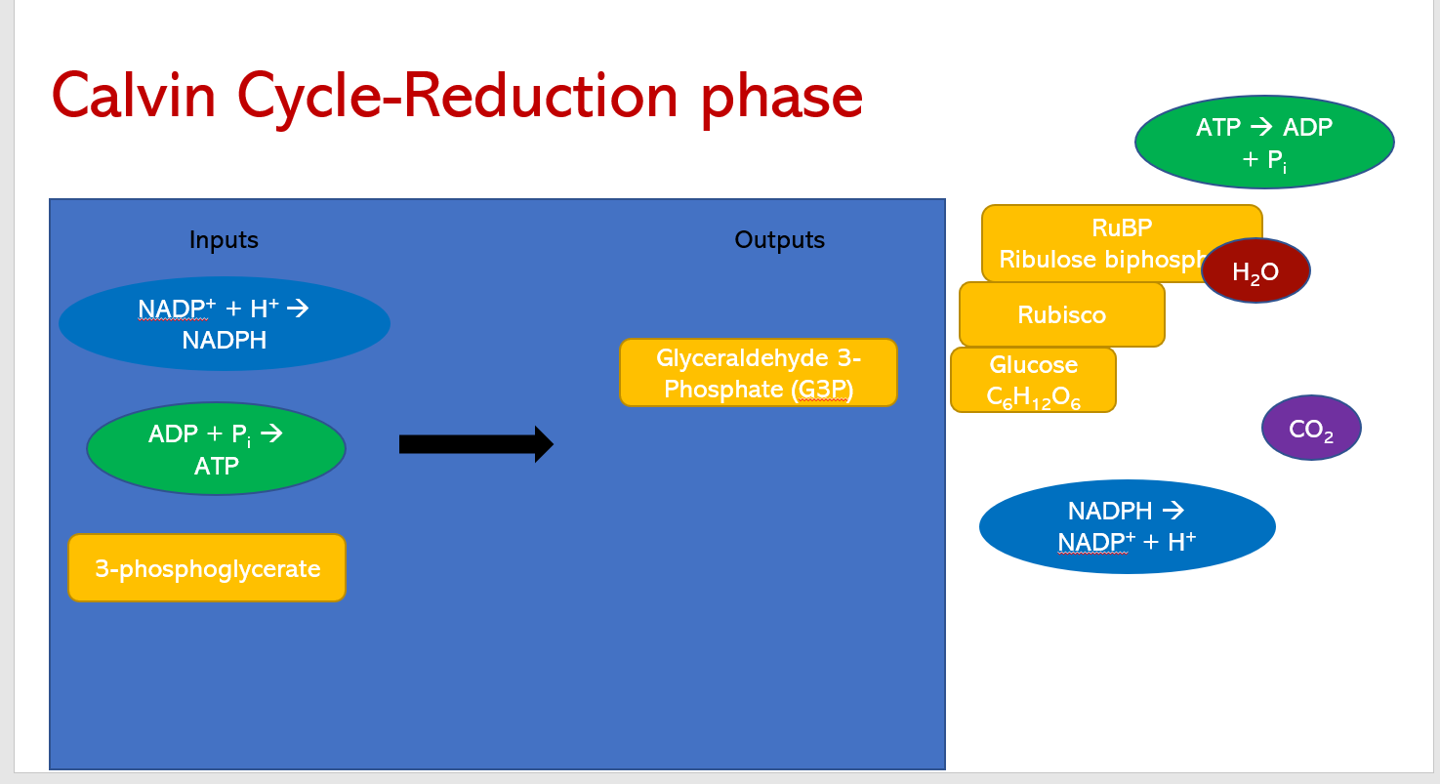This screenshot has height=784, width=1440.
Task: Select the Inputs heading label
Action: pos(224,240)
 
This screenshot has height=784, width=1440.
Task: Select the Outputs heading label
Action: pos(779,240)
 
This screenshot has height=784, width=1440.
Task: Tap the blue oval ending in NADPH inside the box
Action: pos(225,324)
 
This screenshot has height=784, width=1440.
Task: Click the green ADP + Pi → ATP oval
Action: pos(216,449)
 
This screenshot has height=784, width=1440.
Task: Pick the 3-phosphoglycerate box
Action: pos(207,568)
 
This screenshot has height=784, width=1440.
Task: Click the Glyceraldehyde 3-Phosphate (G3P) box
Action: pos(758,373)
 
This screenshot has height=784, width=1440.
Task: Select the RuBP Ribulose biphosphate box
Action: pos(1093,244)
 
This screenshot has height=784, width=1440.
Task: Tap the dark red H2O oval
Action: pos(1255,271)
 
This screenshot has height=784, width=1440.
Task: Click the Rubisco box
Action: pos(1061,314)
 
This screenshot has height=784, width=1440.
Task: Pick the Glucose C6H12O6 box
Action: pos(1033,381)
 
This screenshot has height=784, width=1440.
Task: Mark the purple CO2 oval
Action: pos(1311,429)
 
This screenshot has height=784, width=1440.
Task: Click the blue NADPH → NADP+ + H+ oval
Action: pos(1127,526)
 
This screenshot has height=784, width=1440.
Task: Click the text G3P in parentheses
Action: pos(821,391)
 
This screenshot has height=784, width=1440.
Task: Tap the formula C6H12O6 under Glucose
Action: pos(1033,397)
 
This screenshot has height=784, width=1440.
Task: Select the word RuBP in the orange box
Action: pos(1122,228)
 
